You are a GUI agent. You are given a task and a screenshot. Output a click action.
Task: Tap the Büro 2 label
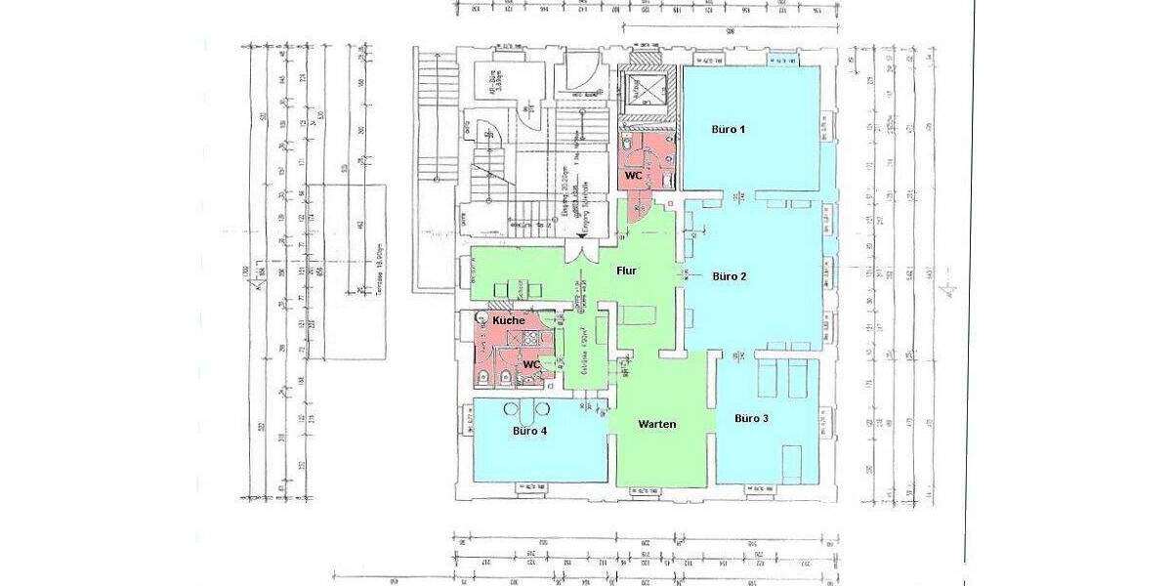(x=730, y=276)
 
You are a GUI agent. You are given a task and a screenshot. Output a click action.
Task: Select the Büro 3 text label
(x=750, y=418)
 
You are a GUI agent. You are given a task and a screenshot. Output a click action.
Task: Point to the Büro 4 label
(x=529, y=430)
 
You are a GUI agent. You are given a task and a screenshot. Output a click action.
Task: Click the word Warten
(x=657, y=424)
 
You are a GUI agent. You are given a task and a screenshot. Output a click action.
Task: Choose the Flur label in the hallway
(x=627, y=272)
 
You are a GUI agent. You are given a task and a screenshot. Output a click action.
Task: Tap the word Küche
(x=508, y=320)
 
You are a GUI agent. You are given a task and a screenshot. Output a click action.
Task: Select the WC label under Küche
(x=532, y=363)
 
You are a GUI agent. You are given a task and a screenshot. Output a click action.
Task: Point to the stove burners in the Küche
(x=532, y=337)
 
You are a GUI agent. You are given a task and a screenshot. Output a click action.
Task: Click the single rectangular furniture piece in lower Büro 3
(x=793, y=456)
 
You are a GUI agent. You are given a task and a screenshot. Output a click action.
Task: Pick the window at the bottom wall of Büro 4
(x=532, y=484)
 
